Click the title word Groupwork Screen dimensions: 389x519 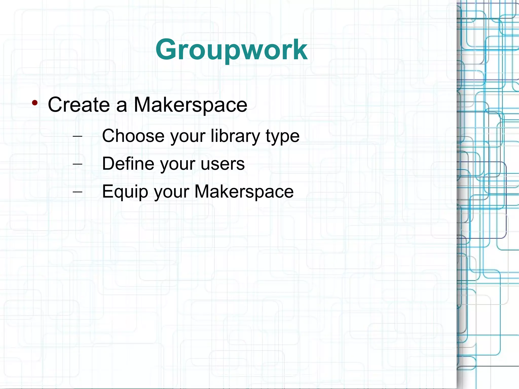coord(231,50)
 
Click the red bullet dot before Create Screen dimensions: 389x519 coord(35,103)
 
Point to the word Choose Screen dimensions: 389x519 coord(133,136)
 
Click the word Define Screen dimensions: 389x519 coord(128,164)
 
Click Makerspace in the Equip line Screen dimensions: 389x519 coord(244,192)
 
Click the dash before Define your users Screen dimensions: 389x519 coord(77,164)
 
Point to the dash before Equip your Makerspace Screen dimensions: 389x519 coord(77,192)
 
